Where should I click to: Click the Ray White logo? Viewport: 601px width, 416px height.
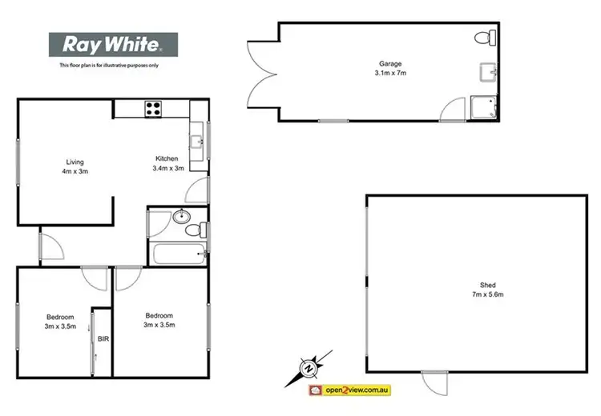(x=113, y=45)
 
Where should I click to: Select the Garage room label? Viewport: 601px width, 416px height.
(x=390, y=63)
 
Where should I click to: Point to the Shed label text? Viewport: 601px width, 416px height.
(x=487, y=286)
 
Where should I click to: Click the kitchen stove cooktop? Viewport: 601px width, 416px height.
(x=153, y=107)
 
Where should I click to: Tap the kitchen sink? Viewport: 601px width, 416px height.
(x=197, y=142)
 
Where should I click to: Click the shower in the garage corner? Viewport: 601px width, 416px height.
(x=484, y=107)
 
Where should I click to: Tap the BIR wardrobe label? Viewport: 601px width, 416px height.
(x=103, y=339)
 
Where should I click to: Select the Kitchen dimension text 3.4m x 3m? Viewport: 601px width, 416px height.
(x=168, y=168)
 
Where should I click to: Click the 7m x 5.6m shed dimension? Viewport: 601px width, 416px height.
(x=487, y=295)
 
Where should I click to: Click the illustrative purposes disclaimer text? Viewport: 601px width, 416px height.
(x=110, y=65)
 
